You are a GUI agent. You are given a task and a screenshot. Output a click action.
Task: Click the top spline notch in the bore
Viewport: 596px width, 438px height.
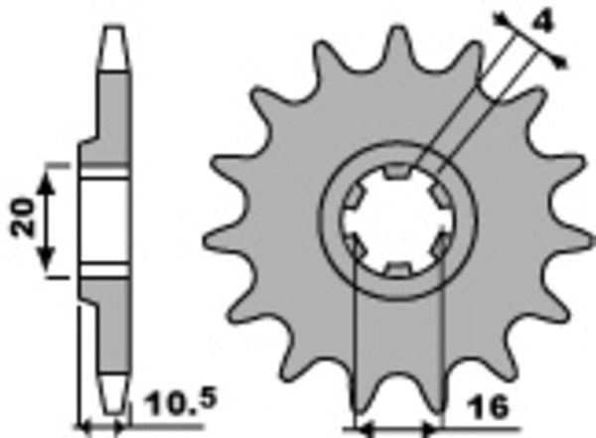coord(396,175)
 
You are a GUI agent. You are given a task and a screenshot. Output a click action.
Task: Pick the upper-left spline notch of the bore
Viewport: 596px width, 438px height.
coord(353,200)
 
